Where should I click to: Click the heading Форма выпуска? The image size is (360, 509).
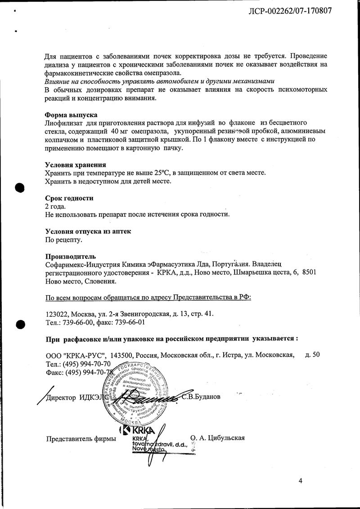[x=71, y=115]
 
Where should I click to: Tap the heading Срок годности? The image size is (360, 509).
[x=69, y=198]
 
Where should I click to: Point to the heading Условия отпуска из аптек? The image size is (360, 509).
[x=88, y=231]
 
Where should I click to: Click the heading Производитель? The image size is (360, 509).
[x=71, y=257]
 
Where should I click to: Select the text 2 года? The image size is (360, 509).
[x=55, y=206]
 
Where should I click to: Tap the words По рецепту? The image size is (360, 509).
[x=64, y=240]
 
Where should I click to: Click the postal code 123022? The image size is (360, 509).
[x=58, y=314]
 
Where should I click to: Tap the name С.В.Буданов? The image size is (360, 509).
[x=201, y=397]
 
